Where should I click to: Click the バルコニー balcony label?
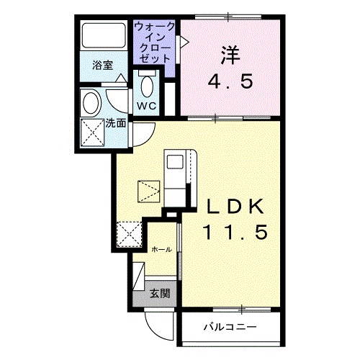tap(228, 327)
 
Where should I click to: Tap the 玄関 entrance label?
tap(160, 294)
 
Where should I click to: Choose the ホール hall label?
tap(161, 249)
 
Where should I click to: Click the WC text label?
tap(147, 106)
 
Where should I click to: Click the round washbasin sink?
tap(91, 102)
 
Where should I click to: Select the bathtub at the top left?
tap(102, 35)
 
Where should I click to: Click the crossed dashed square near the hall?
tap(130, 235)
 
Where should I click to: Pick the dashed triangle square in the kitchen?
tap(149, 191)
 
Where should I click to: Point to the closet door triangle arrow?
tap(184, 42)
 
